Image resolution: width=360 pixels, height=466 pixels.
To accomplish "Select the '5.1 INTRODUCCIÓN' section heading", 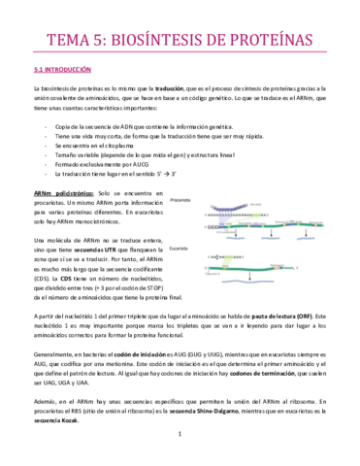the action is click(61, 70).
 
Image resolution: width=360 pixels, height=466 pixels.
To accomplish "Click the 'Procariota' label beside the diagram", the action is click(180, 201).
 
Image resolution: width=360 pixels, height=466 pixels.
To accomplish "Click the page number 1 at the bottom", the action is click(180, 448).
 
